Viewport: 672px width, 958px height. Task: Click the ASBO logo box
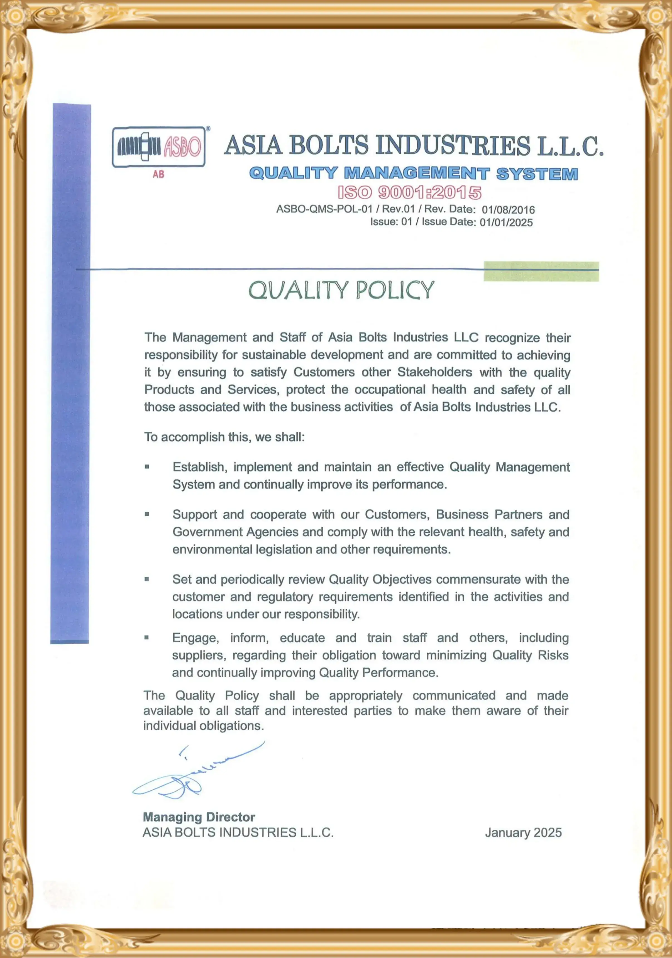[158, 147]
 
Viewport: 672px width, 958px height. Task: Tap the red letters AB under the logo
[158, 174]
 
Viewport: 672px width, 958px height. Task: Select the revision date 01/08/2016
[508, 209]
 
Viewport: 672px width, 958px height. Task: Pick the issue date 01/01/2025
[506, 223]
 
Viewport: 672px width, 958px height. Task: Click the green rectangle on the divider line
[541, 271]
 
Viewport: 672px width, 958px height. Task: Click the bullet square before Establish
[147, 467]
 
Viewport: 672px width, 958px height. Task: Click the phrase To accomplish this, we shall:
[224, 437]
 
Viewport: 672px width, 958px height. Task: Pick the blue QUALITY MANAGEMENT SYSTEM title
[413, 173]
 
